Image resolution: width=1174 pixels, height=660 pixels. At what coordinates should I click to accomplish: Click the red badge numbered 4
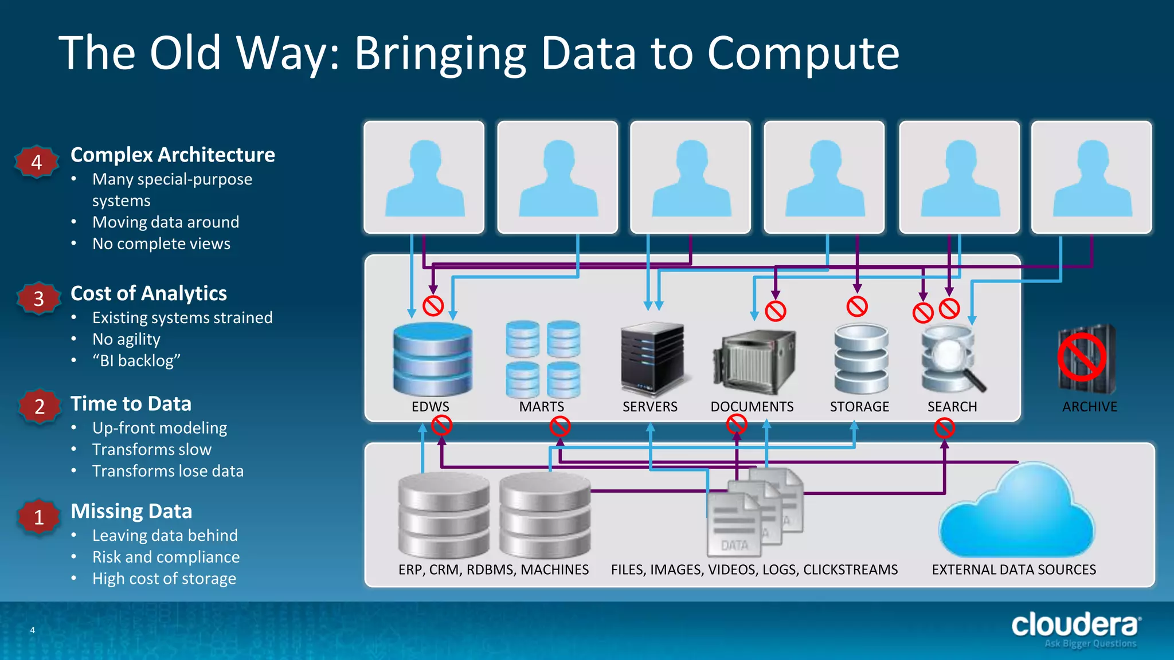tap(36, 162)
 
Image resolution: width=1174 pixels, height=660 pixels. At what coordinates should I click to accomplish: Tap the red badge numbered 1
tap(38, 517)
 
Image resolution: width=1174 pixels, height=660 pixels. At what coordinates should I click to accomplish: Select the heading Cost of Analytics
tap(148, 293)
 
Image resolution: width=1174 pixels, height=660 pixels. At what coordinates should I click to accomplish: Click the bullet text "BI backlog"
tap(136, 361)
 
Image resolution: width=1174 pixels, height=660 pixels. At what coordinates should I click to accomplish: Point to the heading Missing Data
tap(131, 511)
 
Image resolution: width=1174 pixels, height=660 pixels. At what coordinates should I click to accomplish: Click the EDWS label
tap(430, 407)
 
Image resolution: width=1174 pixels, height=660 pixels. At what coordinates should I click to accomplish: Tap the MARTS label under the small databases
tap(541, 407)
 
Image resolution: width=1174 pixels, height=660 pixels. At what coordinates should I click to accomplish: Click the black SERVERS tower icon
tap(652, 359)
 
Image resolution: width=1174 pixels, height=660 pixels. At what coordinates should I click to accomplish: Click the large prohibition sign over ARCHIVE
tap(1082, 357)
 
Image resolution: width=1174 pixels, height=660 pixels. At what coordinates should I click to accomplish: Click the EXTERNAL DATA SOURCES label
tap(1013, 569)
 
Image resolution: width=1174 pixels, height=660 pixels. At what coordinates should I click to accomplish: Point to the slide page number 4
tap(33, 630)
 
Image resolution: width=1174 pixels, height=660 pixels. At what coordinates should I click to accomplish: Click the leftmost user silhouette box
tap(424, 177)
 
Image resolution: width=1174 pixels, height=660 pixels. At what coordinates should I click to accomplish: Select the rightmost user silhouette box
tap(1091, 177)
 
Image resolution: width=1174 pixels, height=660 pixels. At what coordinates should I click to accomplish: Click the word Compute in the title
tap(803, 53)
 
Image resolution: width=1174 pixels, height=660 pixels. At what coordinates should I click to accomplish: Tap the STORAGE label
tap(859, 407)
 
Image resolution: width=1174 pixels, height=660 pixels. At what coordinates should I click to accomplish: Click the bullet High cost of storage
tap(164, 579)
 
